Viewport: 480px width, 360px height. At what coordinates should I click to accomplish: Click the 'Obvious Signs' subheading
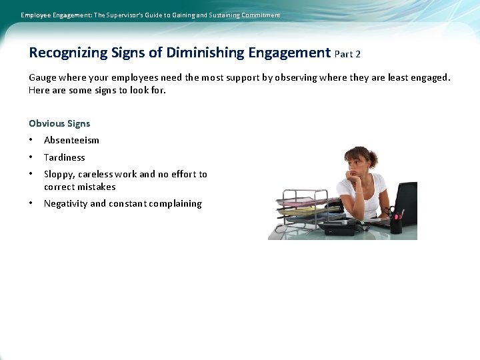coord(59,123)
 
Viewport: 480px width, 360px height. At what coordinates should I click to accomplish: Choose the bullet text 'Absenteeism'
coord(71,140)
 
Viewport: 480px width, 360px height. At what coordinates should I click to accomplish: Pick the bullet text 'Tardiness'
coord(65,157)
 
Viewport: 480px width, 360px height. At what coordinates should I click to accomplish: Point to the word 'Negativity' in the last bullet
coord(65,204)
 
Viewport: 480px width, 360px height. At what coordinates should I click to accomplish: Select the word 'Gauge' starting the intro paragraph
coord(43,77)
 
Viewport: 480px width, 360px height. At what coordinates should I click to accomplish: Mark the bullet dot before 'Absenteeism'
coord(31,140)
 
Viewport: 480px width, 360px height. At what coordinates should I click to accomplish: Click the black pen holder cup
coord(396,225)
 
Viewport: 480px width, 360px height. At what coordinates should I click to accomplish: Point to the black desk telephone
coord(341,227)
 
